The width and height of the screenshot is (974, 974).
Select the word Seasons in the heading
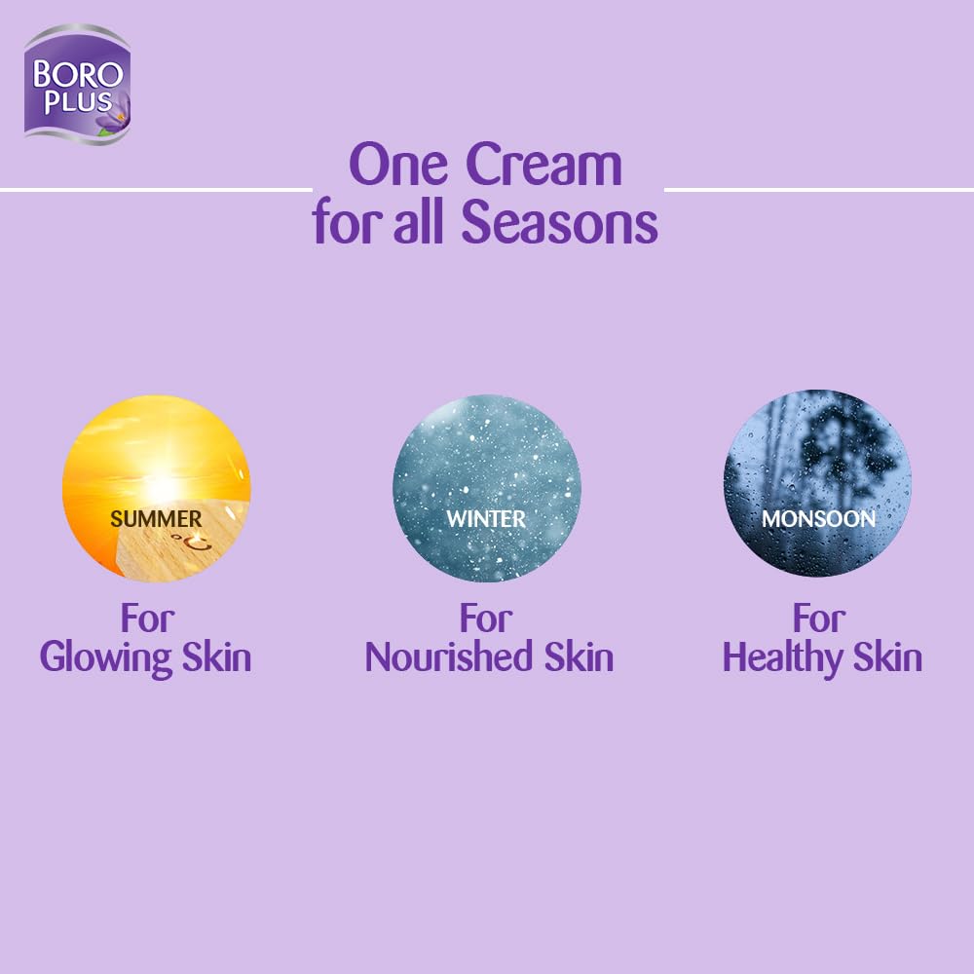[559, 222]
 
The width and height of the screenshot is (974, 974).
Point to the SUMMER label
[156, 518]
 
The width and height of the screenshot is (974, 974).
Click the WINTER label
[486, 518]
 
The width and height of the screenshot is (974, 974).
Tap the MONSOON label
[818, 518]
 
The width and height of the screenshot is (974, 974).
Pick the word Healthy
[782, 657]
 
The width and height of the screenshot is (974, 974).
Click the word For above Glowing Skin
[147, 617]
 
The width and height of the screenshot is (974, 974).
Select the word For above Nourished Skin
[486, 617]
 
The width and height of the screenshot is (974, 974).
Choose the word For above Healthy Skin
[819, 617]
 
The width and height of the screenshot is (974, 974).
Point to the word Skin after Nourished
[576, 657]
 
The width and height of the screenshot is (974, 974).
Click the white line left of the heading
[156, 189]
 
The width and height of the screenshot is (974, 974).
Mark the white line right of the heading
[818, 189]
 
